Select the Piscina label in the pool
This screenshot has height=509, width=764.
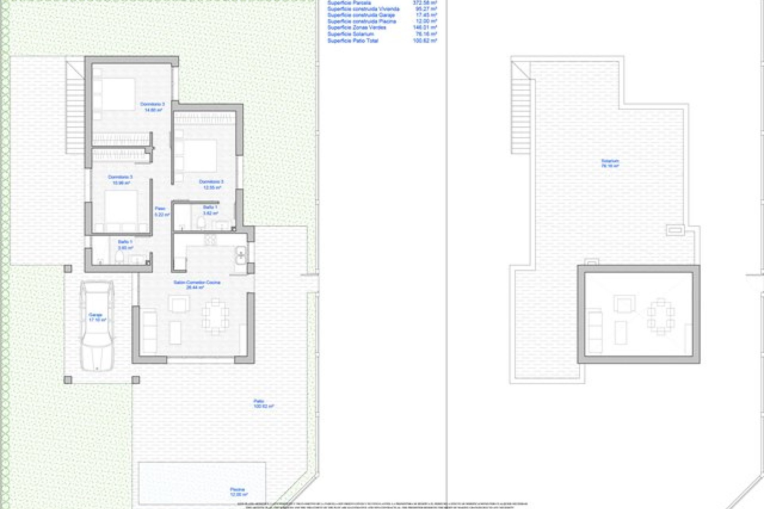pyautogui.click(x=238, y=492)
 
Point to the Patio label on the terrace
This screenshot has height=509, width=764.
pyautogui.click(x=263, y=404)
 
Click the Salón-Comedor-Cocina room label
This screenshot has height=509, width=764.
pyautogui.click(x=197, y=284)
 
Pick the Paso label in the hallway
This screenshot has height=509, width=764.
pyautogui.click(x=161, y=211)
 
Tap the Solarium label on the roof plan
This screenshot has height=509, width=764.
pyautogui.click(x=610, y=163)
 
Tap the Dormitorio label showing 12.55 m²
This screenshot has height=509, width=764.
pyautogui.click(x=211, y=184)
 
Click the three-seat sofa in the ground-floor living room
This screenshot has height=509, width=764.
pyautogui.click(x=150, y=331)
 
